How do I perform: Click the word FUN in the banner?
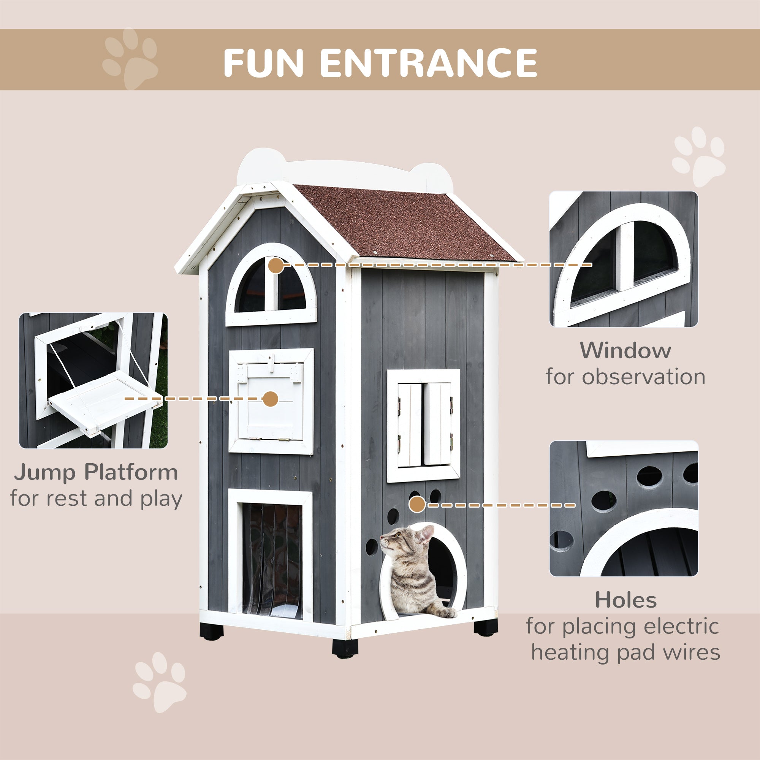pyautogui.click(x=263, y=63)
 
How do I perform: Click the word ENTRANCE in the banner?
pyautogui.click(x=429, y=63)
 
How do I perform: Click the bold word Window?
pyautogui.click(x=625, y=350)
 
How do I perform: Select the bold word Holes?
pyautogui.click(x=625, y=600)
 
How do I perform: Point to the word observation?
pyautogui.click(x=644, y=377)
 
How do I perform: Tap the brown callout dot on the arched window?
pyautogui.click(x=276, y=266)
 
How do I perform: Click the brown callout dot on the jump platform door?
pyautogui.click(x=270, y=399)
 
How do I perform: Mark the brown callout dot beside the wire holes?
pyautogui.click(x=417, y=505)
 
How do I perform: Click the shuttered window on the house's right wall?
pyautogui.click(x=423, y=426)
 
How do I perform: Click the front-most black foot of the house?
pyautogui.click(x=345, y=647)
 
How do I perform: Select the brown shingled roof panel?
pyautogui.click(x=405, y=224)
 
